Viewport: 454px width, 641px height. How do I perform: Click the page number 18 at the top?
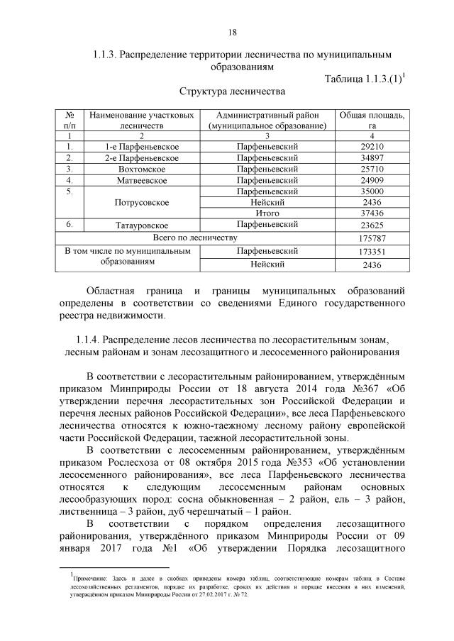pos(231,32)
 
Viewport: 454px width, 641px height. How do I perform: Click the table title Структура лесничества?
pos(231,92)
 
